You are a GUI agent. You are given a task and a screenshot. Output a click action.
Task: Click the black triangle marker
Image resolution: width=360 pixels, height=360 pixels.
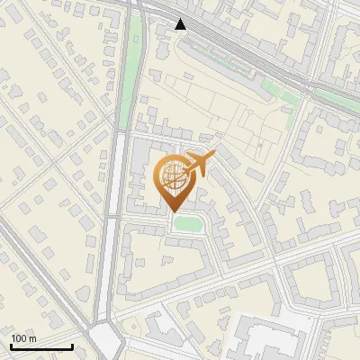tap(181, 24)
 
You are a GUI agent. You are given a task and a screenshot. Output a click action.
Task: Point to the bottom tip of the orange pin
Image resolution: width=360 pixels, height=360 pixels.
tap(172, 210)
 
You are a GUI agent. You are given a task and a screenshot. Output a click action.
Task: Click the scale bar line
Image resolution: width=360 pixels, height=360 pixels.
tap(41, 346)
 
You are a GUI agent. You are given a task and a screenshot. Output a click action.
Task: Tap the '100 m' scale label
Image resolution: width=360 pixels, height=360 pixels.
tap(23, 338)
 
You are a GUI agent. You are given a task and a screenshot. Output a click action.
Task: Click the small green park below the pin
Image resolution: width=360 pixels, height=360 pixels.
tap(187, 222)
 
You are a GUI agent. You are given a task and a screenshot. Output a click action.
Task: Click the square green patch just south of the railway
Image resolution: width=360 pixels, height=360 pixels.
tap(274, 88)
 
